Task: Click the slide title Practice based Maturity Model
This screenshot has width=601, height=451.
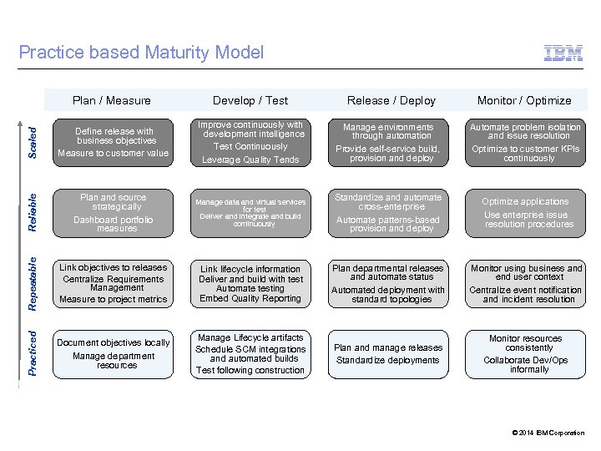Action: point(140,53)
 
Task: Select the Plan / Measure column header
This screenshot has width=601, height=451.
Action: point(112,100)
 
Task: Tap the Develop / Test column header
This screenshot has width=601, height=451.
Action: point(250,100)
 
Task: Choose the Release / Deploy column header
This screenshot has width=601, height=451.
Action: point(391,100)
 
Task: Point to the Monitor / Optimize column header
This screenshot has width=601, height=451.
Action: point(524,100)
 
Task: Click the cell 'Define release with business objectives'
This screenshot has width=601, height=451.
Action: point(114,136)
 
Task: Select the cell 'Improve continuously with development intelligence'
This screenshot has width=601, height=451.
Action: point(250,129)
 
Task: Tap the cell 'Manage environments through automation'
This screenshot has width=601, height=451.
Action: point(391,131)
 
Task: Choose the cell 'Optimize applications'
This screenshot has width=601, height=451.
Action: point(526,201)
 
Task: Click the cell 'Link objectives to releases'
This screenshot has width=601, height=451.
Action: point(114,267)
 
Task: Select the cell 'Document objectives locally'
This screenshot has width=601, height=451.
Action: point(114,342)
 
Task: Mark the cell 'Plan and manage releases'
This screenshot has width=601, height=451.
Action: point(387,347)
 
